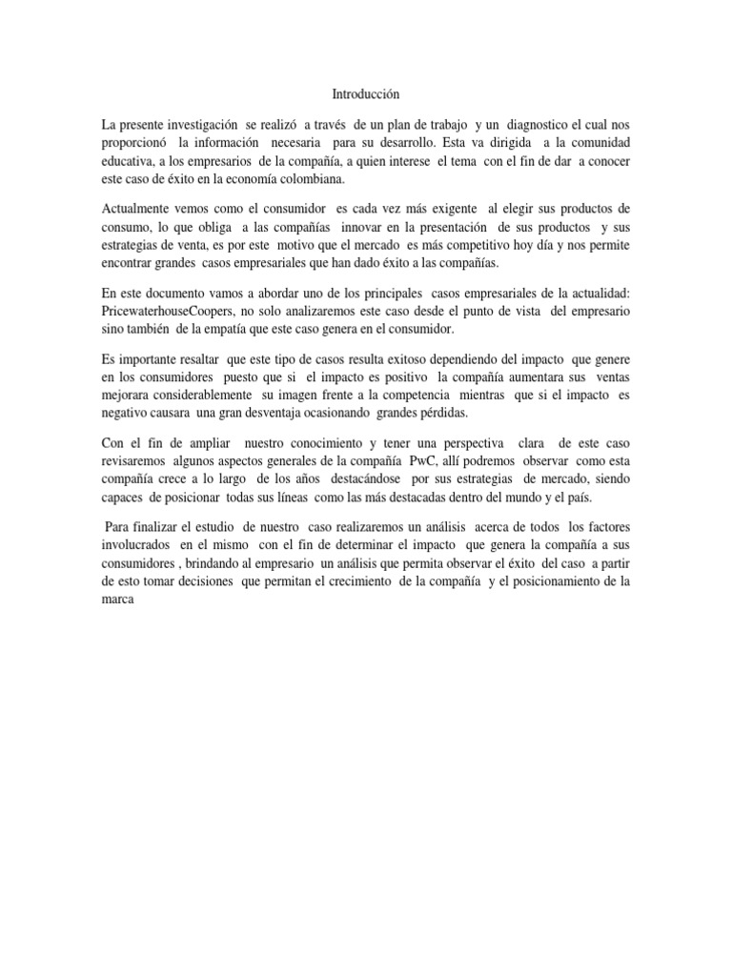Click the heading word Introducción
(366, 94)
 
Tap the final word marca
(120, 599)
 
